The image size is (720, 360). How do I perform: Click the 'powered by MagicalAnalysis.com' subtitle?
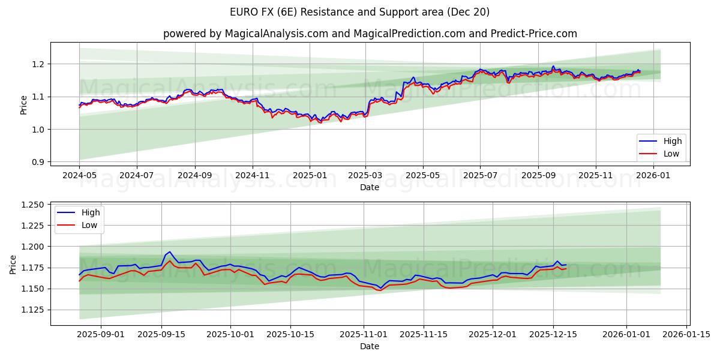pos(369,34)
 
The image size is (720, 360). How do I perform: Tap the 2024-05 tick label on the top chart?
pos(79,176)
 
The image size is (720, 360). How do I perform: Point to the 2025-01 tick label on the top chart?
pos(310,176)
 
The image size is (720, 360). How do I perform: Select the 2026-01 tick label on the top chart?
pos(653,176)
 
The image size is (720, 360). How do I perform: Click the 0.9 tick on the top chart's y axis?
pos(38,162)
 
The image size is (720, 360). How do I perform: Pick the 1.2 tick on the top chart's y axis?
pos(38,64)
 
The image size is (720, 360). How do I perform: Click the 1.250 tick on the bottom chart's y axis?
pos(32,205)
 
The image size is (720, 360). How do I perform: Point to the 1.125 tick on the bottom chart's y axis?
pos(32,310)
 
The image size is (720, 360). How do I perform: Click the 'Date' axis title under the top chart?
pos(369,187)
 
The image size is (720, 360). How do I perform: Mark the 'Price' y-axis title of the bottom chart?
pos(14,265)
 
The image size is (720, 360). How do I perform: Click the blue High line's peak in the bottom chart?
pos(169,252)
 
